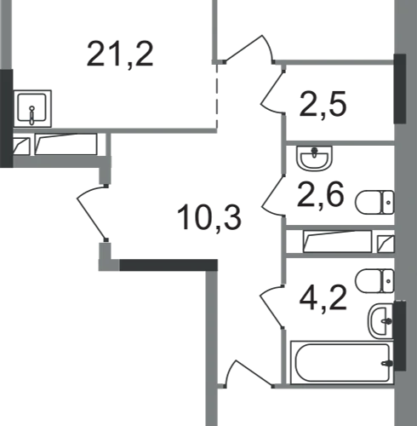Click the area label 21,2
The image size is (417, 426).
pyautogui.click(x=120, y=55)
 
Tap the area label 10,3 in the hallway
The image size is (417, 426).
pyautogui.click(x=208, y=218)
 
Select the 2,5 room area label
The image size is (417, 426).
pyautogui.click(x=323, y=104)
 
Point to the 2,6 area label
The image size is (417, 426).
pyautogui.click(x=321, y=195)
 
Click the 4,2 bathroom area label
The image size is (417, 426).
pyautogui.click(x=323, y=298)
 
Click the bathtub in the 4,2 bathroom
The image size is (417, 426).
pyautogui.click(x=342, y=363)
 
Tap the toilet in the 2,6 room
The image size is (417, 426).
pyautogui.click(x=374, y=202)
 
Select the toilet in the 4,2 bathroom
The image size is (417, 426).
pyautogui.click(x=374, y=281)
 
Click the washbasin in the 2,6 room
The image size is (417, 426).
pyautogui.click(x=314, y=158)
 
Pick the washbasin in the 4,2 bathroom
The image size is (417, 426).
pyautogui.click(x=380, y=321)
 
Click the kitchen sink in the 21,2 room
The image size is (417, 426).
pyautogui.click(x=32, y=108)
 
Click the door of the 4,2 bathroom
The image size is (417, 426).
pyautogui.click(x=272, y=307)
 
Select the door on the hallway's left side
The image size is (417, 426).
pyautogui.click(x=93, y=213)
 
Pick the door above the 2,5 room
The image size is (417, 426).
pyautogui.click(x=249, y=49)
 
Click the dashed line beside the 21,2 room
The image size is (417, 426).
pyautogui.click(x=217, y=95)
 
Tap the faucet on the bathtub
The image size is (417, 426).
pyautogui.click(x=387, y=363)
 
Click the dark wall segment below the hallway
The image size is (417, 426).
pyautogui.click(x=169, y=265)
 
